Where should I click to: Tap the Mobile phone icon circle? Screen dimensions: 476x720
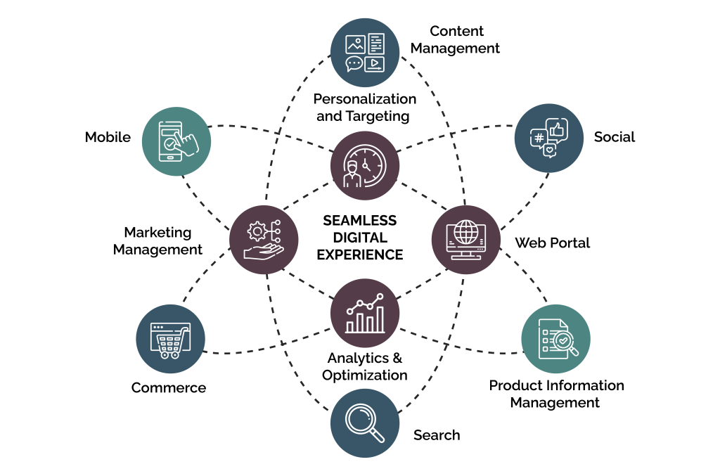(176, 141)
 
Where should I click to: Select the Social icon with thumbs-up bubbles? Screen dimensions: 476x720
(548, 138)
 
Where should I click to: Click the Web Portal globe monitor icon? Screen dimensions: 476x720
(465, 240)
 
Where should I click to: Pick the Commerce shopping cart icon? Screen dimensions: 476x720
(169, 339)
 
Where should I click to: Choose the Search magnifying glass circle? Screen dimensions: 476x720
(365, 423)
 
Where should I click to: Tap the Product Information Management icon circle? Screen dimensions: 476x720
(555, 339)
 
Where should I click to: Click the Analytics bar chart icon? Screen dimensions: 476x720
(365, 313)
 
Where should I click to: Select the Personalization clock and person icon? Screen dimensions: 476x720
(365, 166)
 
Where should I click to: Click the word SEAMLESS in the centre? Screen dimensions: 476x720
(359, 221)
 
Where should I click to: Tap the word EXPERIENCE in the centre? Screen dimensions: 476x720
(359, 255)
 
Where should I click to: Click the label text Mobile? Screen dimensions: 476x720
(108, 137)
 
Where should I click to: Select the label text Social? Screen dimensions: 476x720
(614, 137)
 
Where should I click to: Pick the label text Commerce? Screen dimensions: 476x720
(169, 388)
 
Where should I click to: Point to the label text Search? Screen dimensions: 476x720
(437, 435)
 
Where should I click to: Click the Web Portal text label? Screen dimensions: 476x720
(552, 243)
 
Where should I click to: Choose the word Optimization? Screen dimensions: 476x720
(365, 375)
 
